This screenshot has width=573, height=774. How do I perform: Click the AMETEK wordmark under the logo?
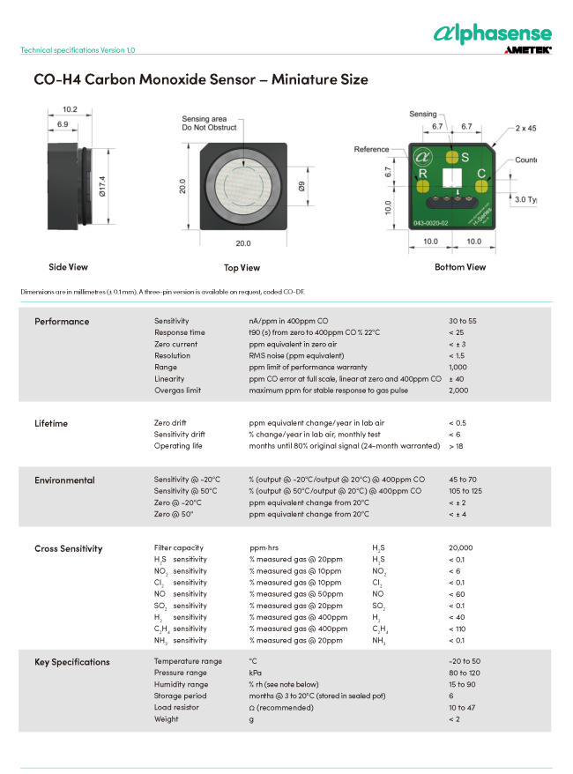528,51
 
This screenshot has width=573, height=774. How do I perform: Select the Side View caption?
68,266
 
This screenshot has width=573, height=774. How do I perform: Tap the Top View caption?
242,268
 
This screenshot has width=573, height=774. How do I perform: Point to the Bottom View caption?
460,266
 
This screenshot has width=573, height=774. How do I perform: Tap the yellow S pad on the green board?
453,157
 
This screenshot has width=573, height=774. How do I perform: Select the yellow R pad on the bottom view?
421,175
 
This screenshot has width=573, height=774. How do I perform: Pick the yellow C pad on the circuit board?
481,174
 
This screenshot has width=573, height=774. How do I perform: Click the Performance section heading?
62,322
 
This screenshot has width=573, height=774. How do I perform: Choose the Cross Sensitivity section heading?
69,548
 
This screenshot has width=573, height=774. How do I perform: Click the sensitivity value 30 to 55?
463,321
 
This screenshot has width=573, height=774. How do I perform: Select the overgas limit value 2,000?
458,390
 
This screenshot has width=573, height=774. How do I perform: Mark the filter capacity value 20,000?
460,548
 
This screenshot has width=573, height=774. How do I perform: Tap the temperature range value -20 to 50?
464,661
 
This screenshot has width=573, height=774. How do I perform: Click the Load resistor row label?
176,707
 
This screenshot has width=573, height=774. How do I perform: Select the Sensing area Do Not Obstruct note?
205,123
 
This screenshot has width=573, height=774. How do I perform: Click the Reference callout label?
371,150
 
